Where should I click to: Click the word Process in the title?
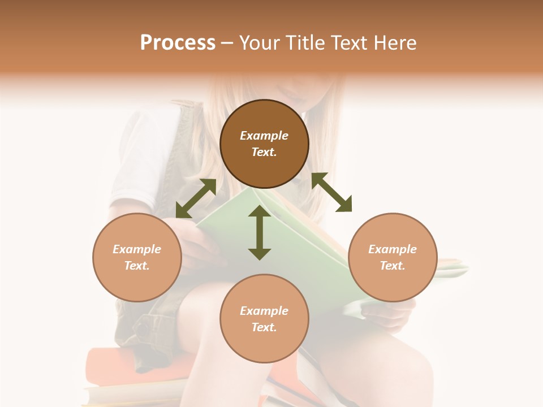tap(178, 43)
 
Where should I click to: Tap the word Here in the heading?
tap(394, 43)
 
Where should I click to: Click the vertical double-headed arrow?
tap(260, 232)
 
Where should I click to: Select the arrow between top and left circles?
tap(196, 198)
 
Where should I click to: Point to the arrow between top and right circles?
tap(331, 192)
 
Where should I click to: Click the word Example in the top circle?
tap(264, 136)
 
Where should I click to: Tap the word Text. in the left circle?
tap(137, 266)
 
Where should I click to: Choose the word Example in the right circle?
tap(393, 249)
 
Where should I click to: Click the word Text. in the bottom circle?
tap(264, 327)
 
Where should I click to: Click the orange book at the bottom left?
tap(113, 365)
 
